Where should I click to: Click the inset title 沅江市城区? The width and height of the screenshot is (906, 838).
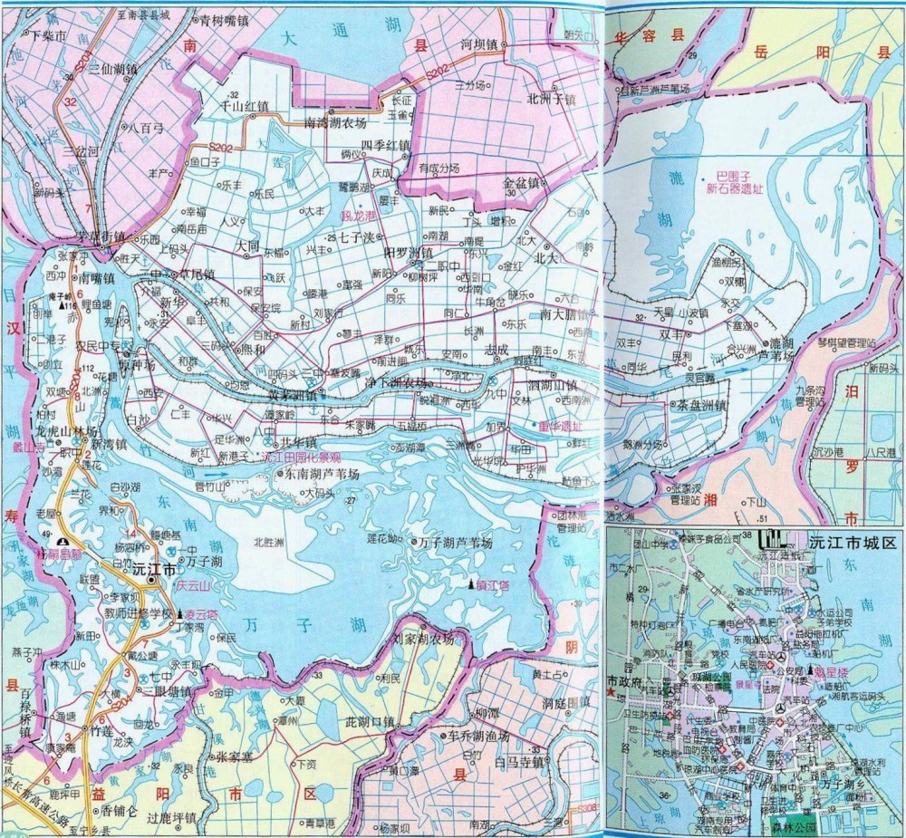851,542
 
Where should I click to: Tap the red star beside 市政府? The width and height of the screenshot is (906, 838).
611,693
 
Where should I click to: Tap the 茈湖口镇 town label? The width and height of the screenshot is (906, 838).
363,722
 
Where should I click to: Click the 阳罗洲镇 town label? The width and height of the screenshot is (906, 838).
409,251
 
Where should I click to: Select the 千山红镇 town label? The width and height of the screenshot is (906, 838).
245,106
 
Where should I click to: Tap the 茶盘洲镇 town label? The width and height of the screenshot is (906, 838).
696,406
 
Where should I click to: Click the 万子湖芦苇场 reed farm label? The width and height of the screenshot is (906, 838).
455,542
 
